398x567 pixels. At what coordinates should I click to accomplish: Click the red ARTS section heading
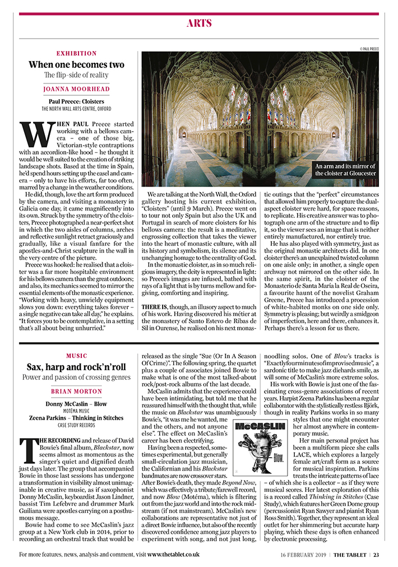[198, 24]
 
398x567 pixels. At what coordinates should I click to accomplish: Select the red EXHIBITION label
[76, 53]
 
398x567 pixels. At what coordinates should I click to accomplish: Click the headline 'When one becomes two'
[76, 64]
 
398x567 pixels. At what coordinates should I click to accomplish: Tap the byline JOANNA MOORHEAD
[76, 89]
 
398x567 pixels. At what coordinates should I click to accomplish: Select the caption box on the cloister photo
[345, 170]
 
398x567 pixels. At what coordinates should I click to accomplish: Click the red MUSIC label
[76, 356]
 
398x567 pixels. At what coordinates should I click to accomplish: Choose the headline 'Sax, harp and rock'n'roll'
[76, 367]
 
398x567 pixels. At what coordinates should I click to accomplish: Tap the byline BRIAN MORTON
[76, 391]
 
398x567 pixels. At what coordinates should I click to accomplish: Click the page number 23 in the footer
[376, 555]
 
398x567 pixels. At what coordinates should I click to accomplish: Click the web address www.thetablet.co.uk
[173, 555]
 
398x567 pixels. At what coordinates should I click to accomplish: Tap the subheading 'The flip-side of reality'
[76, 75]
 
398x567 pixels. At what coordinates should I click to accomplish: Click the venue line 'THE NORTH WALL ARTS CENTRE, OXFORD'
[76, 109]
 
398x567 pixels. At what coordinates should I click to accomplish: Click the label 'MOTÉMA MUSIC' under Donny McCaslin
[76, 411]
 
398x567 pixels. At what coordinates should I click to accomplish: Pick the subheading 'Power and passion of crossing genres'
[76, 378]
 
